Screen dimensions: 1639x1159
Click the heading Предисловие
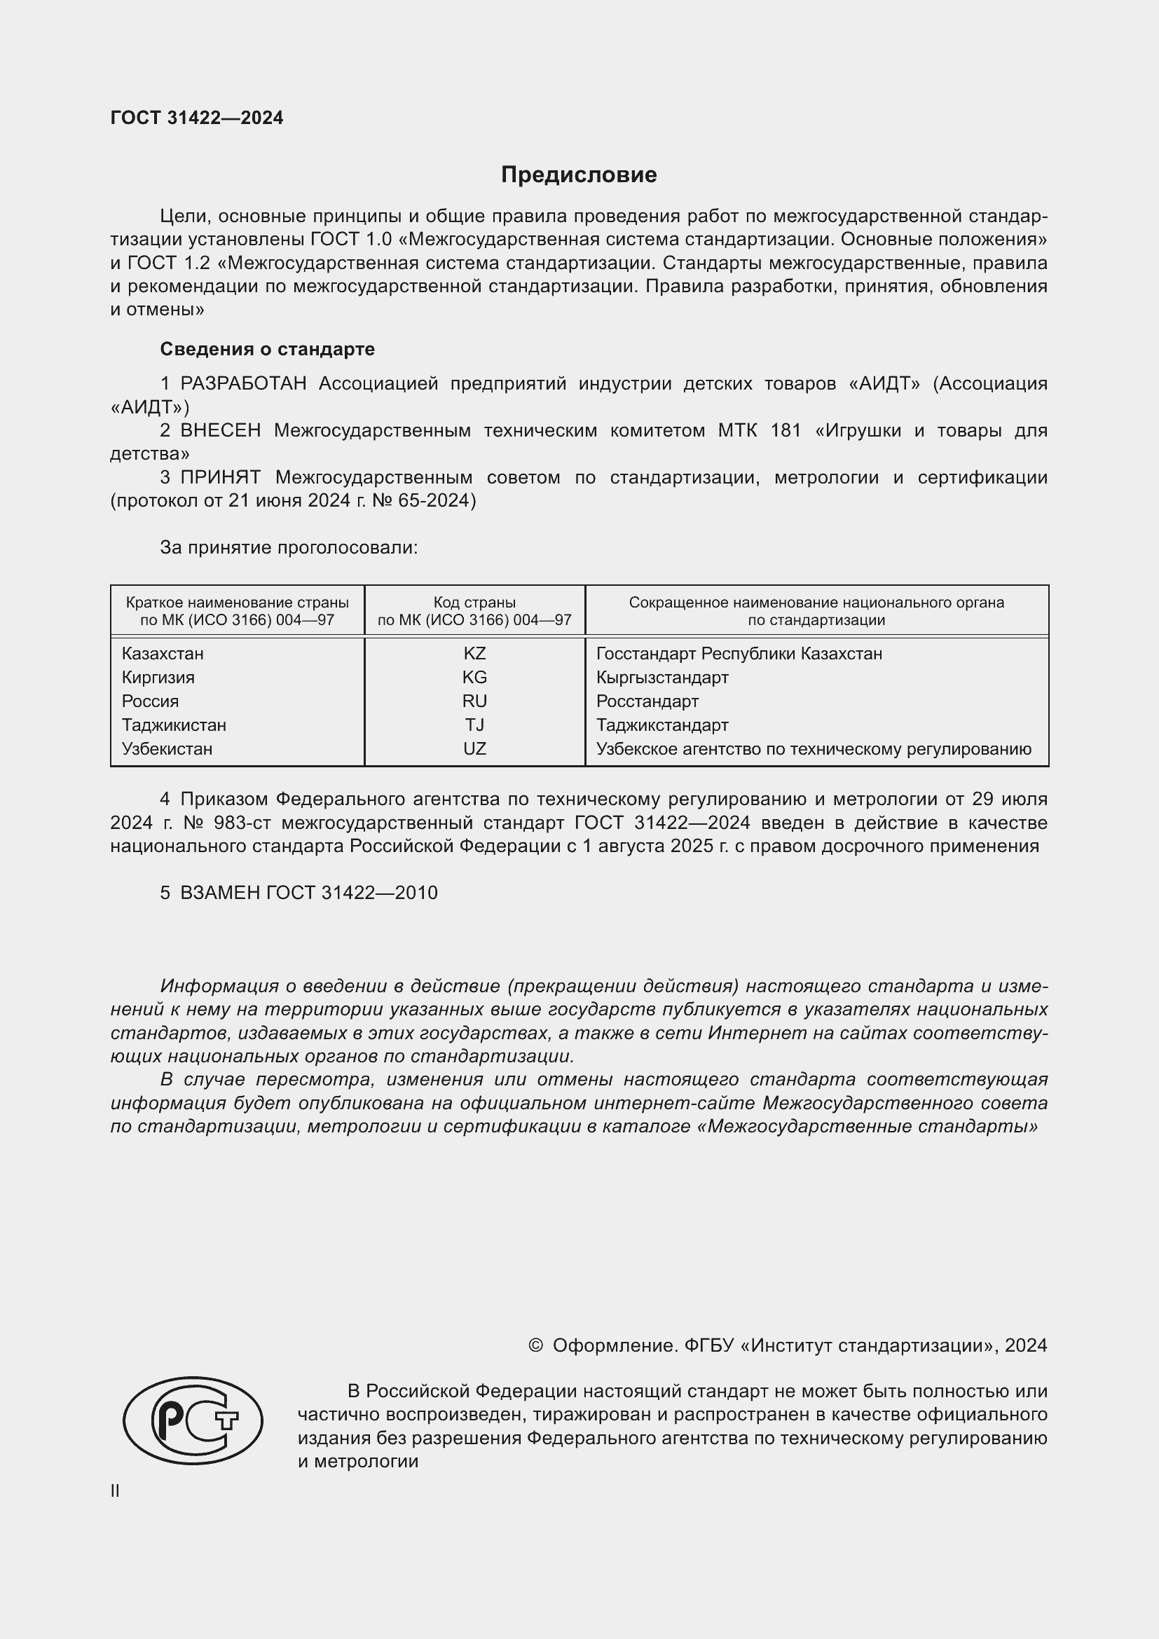click(579, 175)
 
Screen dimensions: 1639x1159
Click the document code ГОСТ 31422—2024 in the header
click(197, 118)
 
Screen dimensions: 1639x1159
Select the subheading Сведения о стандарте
click(267, 349)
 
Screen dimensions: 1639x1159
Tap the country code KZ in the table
click(474, 653)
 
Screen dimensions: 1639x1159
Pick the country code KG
click(474, 677)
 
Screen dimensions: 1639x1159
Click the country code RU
click(474, 701)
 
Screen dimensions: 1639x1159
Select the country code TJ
click(474, 725)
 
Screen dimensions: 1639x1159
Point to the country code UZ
click(474, 749)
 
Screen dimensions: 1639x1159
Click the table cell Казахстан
click(163, 653)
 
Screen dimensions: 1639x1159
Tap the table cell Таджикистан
click(174, 725)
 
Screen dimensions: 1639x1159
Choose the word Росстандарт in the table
click(647, 701)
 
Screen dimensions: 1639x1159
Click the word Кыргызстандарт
click(662, 677)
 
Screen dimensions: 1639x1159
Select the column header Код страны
click(474, 603)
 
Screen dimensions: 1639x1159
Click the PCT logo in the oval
click(193, 1420)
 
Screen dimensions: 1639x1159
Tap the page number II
click(115, 1490)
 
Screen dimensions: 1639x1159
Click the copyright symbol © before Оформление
click(536, 1345)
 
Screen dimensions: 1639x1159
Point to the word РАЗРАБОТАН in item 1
click(243, 384)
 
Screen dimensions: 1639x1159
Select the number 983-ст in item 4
click(242, 823)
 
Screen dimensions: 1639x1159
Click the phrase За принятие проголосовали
click(288, 547)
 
